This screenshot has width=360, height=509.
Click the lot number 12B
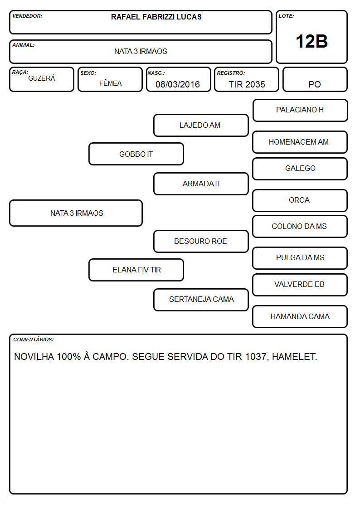(x=311, y=41)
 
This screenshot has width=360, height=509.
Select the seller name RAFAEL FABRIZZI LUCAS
(x=156, y=17)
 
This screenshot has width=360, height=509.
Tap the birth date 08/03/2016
(x=178, y=84)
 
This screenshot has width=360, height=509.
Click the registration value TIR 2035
(x=247, y=84)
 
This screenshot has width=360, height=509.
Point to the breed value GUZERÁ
(x=42, y=78)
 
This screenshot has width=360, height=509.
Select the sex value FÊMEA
(x=110, y=83)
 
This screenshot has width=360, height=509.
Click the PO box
(x=315, y=79)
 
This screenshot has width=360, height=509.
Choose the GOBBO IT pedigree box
(x=136, y=154)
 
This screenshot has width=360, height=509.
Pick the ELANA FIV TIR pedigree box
(x=136, y=270)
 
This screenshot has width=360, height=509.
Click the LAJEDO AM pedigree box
(x=201, y=125)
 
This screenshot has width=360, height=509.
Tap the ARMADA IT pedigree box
(x=201, y=184)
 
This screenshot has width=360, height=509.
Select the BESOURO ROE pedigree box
(x=201, y=241)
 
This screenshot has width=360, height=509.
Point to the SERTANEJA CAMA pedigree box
(x=201, y=300)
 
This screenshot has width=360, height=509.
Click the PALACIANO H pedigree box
(x=300, y=111)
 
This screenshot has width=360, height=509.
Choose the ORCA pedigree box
(x=300, y=201)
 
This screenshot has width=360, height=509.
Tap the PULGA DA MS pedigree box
(x=300, y=258)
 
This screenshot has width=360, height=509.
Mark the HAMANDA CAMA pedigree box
(x=300, y=316)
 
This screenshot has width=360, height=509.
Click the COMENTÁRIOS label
(x=34, y=339)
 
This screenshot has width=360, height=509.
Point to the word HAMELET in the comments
(x=294, y=357)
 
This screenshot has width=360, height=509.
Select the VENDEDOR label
(x=27, y=16)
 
